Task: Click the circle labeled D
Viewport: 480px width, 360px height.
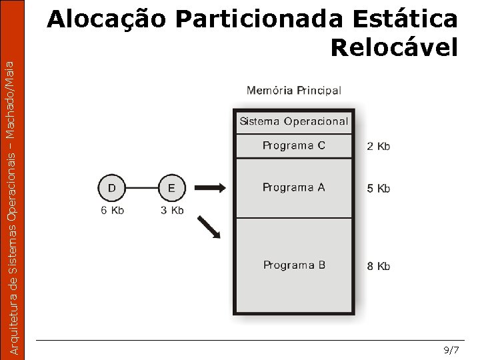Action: point(111,188)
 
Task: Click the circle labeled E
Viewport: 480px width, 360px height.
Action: point(172,188)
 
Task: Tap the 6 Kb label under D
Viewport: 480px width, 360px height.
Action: point(113,210)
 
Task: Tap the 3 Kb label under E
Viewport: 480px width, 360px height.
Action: point(173,210)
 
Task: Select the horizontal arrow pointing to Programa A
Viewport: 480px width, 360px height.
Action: point(213,188)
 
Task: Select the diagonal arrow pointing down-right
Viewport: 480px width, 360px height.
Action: point(209,227)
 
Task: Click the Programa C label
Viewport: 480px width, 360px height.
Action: point(293,145)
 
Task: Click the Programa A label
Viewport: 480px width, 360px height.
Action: point(293,187)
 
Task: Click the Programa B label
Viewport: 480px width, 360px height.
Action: point(294,265)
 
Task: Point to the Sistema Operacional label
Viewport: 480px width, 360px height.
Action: point(293,121)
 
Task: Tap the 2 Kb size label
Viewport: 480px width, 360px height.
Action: point(378,146)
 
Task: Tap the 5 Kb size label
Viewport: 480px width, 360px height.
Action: point(378,189)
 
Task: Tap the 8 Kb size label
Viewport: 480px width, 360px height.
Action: point(378,266)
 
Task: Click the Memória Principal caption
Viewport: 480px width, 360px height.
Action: point(293,90)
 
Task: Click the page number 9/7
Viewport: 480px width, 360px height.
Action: point(451,350)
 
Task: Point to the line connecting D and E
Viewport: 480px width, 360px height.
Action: point(141,188)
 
